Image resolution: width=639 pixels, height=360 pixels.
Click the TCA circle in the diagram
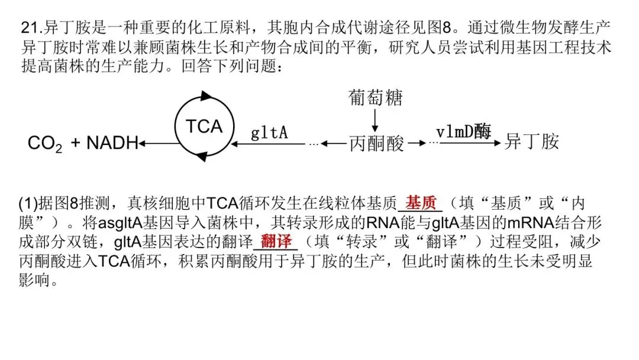tap(204, 126)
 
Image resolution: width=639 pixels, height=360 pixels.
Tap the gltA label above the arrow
tap(269, 132)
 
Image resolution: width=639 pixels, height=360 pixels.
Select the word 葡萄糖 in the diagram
tap(375, 97)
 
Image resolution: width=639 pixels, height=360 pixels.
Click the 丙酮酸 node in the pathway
tap(376, 143)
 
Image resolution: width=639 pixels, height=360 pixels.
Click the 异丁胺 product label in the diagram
tap(531, 142)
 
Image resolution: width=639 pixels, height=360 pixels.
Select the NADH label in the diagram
tap(112, 143)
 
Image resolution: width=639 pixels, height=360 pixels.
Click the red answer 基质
tap(421, 203)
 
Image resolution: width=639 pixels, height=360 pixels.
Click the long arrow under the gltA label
tap(269, 143)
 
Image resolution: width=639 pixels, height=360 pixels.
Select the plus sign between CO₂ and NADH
tap(75, 143)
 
